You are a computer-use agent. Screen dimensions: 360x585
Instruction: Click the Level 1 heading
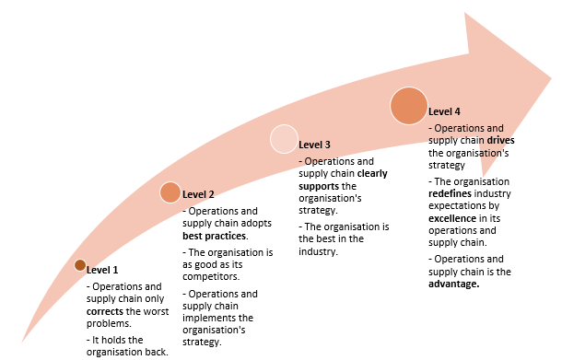(102, 270)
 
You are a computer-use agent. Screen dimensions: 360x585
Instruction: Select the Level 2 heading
(198, 194)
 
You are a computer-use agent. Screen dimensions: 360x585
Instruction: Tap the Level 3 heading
(314, 145)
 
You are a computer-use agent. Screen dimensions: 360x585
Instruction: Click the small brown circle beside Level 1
(79, 267)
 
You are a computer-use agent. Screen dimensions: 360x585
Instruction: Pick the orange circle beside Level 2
(170, 192)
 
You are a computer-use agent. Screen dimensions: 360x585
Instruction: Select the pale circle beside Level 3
(284, 139)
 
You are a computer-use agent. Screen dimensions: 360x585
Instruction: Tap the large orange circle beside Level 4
(409, 106)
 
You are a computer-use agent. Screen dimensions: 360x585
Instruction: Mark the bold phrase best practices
(207, 237)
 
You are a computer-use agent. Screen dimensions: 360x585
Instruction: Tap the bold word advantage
(455, 284)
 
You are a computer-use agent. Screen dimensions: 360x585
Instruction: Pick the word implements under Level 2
(209, 318)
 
